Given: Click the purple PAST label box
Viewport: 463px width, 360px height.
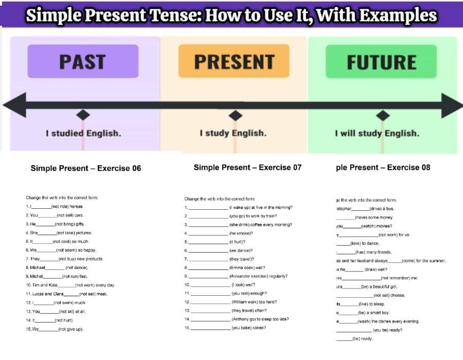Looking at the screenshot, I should pyautogui.click(x=83, y=61).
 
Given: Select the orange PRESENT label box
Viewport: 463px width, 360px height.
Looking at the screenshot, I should pyautogui.click(x=234, y=61).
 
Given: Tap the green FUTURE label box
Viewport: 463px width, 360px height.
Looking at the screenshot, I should pyautogui.click(x=381, y=62).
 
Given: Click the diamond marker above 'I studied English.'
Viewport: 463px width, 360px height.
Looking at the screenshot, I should pyautogui.click(x=83, y=115).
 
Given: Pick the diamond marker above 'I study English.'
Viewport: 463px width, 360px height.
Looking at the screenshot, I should pyautogui.click(x=235, y=115).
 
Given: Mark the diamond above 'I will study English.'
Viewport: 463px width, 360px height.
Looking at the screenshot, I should pyautogui.click(x=382, y=115).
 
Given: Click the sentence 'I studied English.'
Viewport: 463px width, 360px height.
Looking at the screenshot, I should pyautogui.click(x=83, y=133).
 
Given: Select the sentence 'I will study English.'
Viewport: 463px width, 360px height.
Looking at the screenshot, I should pyautogui.click(x=377, y=134).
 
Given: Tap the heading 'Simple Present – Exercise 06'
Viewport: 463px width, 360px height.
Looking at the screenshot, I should pyautogui.click(x=85, y=168).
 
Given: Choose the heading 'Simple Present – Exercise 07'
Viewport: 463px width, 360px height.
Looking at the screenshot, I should pyautogui.click(x=247, y=167).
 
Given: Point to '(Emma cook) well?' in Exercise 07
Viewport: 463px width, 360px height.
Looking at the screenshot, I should pyautogui.click(x=247, y=267).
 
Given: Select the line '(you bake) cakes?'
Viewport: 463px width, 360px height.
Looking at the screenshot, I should pyautogui.click(x=249, y=328).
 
